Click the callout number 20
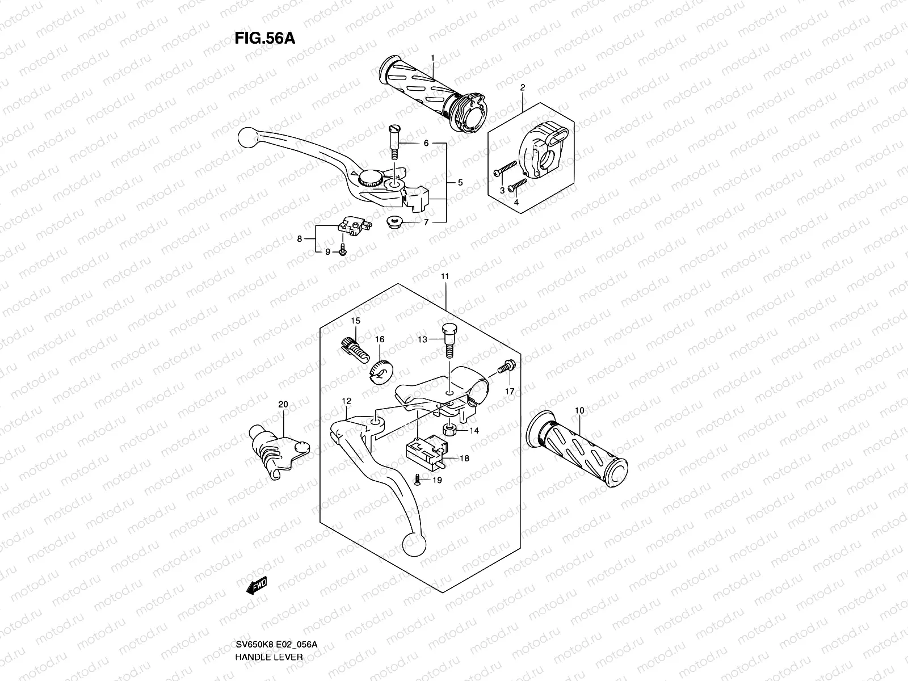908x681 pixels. pos(283,405)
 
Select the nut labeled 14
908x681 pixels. pos(451,430)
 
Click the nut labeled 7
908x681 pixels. pos(392,222)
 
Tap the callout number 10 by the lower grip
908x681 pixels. pos(579,410)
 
